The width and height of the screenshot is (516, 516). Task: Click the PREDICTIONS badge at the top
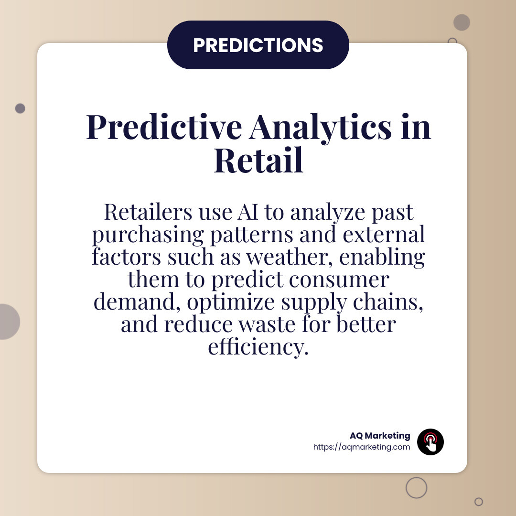(258, 45)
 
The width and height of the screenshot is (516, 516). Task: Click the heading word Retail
(258, 161)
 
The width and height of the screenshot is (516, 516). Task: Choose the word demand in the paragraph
(137, 302)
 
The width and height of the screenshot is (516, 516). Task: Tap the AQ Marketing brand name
(380, 436)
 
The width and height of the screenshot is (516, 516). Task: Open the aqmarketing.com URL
(362, 447)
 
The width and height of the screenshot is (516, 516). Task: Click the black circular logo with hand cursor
(430, 441)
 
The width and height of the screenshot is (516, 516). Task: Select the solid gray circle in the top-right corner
(462, 22)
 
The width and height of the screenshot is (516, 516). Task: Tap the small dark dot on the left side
(20, 108)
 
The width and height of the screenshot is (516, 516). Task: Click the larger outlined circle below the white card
(416, 487)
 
